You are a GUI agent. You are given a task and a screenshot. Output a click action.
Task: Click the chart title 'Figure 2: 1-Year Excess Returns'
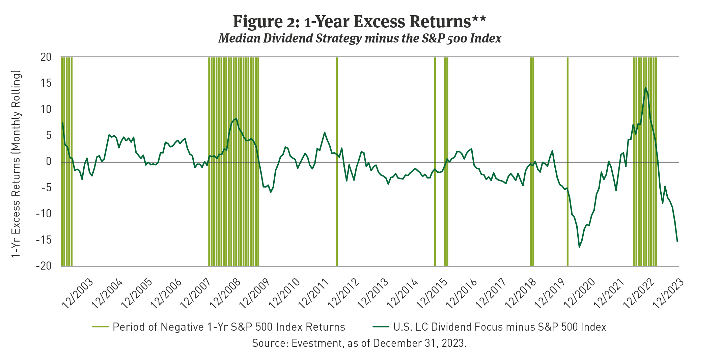coord(360,22)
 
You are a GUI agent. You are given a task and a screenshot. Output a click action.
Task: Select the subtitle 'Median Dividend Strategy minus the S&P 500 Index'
coord(360,38)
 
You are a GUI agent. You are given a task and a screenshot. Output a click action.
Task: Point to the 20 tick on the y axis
coord(46,57)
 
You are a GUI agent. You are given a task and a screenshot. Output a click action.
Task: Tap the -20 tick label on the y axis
coord(44,266)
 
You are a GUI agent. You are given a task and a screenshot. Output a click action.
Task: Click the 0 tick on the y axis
coord(49,162)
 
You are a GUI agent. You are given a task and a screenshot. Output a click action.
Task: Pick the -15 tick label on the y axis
coord(44,240)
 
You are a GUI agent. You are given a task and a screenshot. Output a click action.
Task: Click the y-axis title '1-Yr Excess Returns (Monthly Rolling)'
coord(16,164)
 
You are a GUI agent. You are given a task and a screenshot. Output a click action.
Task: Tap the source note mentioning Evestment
coord(359,343)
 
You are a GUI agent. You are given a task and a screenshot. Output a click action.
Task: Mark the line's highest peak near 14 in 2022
coord(645,87)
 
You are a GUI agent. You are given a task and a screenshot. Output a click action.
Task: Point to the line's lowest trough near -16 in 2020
coord(579,247)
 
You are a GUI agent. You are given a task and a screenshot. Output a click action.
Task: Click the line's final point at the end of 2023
coord(677,241)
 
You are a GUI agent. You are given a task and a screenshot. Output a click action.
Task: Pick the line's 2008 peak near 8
coord(237,118)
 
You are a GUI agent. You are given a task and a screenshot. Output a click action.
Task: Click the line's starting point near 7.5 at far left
coord(62,123)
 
